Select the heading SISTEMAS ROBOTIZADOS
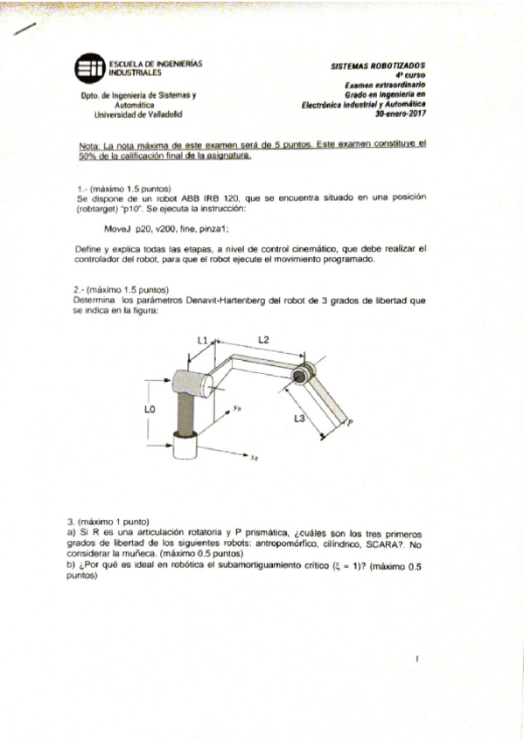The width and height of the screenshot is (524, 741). tap(377, 66)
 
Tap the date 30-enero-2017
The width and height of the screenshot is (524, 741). tap(400, 114)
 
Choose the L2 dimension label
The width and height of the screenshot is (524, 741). tap(263, 339)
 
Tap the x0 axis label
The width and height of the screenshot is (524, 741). tap(253, 456)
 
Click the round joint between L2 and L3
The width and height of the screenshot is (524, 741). tap(300, 375)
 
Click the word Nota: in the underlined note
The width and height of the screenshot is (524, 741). tap(90, 143)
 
